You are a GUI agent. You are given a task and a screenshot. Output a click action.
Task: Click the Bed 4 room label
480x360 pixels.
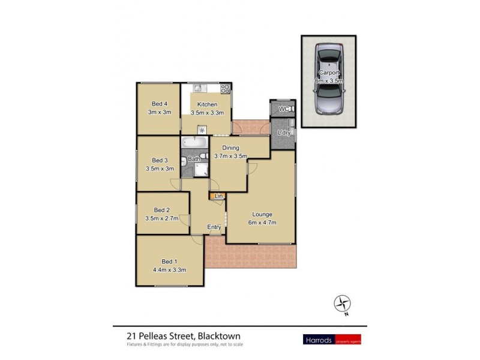click(159, 104)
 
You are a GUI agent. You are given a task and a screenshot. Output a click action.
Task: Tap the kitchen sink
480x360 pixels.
click(198, 89)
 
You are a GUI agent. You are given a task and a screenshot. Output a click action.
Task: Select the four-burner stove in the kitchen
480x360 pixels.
click(226, 89)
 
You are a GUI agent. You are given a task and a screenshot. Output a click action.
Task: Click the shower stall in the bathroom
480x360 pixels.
click(199, 170)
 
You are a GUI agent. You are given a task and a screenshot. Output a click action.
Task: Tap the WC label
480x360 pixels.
click(284, 109)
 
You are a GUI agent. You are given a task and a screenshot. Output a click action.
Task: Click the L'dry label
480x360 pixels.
click(284, 133)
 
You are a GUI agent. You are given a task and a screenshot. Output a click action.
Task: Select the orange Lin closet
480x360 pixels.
click(218, 196)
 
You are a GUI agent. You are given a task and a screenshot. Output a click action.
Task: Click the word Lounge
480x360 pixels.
click(262, 214)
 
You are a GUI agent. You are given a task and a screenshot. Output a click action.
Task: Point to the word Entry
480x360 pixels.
click(214, 227)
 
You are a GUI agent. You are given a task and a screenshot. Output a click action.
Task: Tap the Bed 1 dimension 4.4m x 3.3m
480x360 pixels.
click(170, 269)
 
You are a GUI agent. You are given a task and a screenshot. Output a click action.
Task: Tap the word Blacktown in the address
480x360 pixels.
click(220, 336)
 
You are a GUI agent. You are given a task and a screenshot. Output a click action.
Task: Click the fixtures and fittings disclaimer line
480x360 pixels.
click(185, 344)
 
